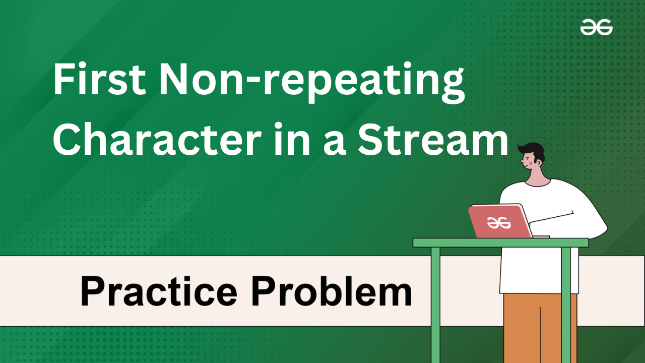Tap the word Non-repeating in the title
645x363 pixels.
[311, 82]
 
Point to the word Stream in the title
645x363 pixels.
[433, 140]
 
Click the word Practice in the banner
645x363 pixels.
[159, 291]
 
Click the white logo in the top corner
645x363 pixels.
[596, 27]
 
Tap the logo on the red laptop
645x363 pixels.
[499, 222]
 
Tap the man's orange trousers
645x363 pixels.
[540, 328]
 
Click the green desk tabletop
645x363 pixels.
[500, 243]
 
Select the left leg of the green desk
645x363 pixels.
[435, 305]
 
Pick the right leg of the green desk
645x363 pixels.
[566, 305]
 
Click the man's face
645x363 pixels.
[529, 163]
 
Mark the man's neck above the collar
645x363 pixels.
[537, 178]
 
